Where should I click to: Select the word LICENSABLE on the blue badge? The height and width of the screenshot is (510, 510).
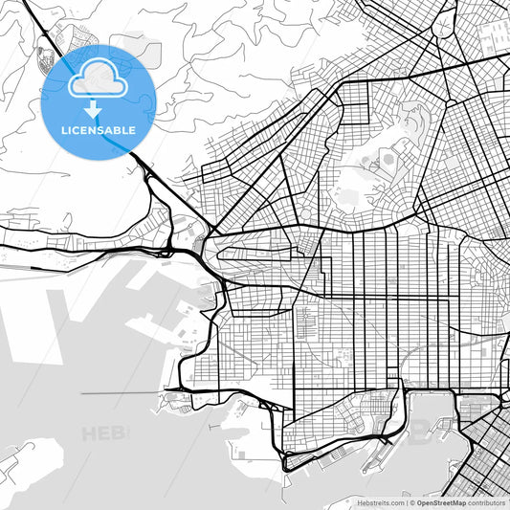pyautogui.click(x=99, y=129)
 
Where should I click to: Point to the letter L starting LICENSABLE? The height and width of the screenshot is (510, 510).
pyautogui.click(x=64, y=129)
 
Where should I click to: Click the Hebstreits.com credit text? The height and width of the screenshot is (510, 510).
pyautogui.click(x=378, y=501)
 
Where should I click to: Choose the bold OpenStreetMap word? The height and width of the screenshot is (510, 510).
pyautogui.click(x=441, y=501)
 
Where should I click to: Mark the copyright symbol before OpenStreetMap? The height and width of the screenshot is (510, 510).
pyautogui.click(x=411, y=501)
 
